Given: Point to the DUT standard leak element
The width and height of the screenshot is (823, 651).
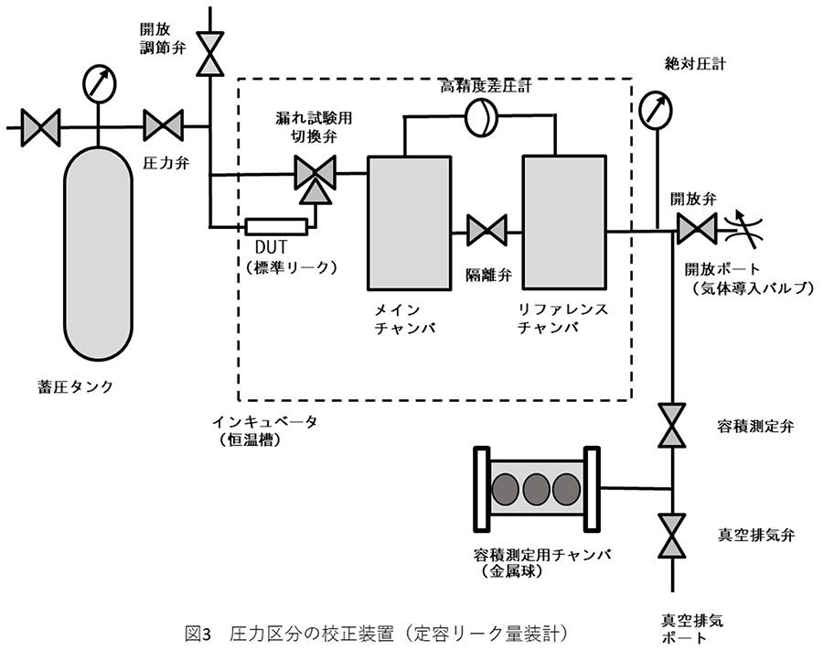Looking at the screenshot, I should click(276, 225).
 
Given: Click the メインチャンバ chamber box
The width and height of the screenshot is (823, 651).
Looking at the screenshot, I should click(409, 222).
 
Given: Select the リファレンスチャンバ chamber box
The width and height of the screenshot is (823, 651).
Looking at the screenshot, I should click(563, 222).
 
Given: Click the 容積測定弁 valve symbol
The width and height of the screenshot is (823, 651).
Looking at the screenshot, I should click(674, 427).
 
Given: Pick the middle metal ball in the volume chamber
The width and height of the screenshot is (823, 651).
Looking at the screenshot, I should click(537, 489).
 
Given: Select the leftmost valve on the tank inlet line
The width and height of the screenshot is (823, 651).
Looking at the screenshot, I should click(40, 125).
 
